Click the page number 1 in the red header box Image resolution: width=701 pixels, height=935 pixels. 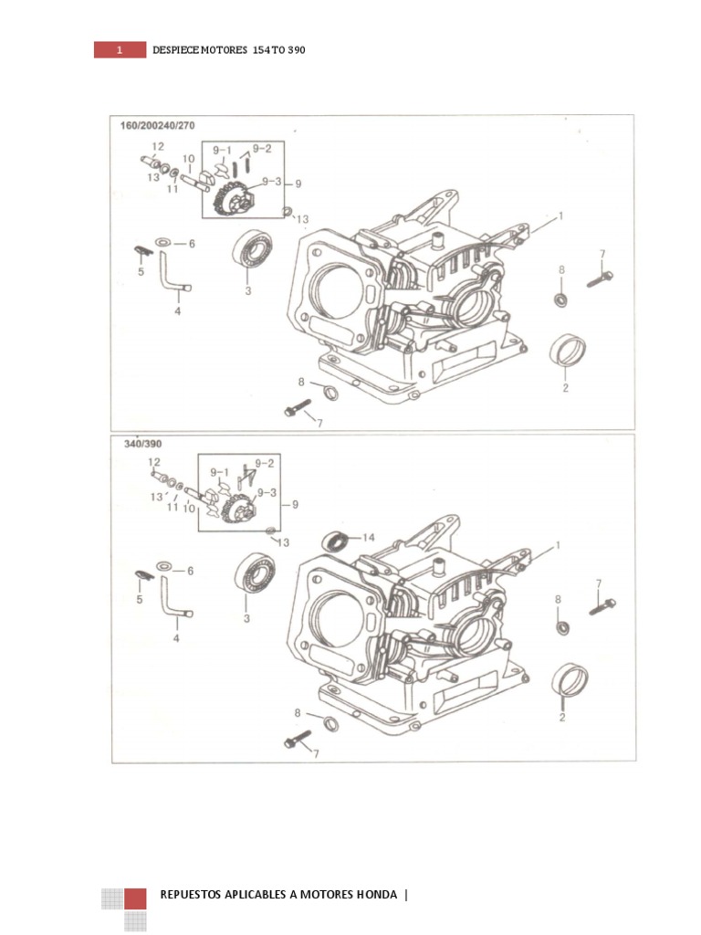tap(119, 50)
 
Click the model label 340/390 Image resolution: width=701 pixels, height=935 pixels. tap(135, 444)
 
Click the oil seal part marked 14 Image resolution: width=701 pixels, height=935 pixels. tap(336, 541)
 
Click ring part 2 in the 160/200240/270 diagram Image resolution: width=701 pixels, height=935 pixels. tap(568, 350)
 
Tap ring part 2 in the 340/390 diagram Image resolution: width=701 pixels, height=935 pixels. tap(570, 679)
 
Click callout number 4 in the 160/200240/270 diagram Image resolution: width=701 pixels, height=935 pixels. tap(177, 311)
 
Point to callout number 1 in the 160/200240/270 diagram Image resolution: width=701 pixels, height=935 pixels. tap(560, 216)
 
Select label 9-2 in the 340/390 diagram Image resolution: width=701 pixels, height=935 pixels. tap(263, 463)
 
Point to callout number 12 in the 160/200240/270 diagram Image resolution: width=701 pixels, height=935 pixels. tap(158, 146)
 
